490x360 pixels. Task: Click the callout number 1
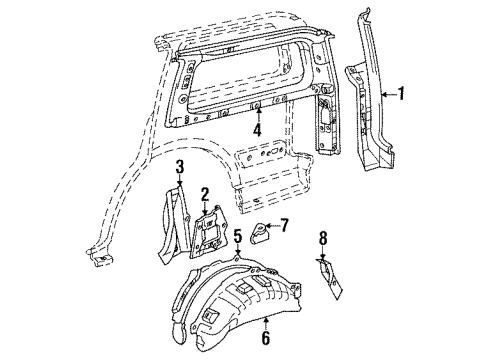pyautogui.click(x=401, y=94)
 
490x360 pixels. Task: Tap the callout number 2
pyautogui.click(x=204, y=195)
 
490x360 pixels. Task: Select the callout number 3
pyautogui.click(x=180, y=166)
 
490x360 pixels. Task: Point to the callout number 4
pyautogui.click(x=257, y=130)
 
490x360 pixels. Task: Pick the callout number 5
pyautogui.click(x=237, y=236)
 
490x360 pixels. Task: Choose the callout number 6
pyautogui.click(x=265, y=338)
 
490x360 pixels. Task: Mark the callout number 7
pyautogui.click(x=284, y=225)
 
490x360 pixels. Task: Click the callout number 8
pyautogui.click(x=323, y=239)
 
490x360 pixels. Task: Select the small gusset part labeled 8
pyautogui.click(x=329, y=278)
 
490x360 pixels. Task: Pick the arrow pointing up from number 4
pyautogui.click(x=257, y=115)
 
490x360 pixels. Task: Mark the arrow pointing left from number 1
pyautogui.click(x=389, y=95)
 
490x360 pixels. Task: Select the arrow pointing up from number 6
pyautogui.click(x=265, y=324)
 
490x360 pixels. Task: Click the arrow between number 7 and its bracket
pyautogui.click(x=272, y=226)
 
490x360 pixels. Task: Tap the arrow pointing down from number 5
pyautogui.click(x=237, y=249)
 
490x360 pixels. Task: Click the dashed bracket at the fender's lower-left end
pyautogui.click(x=99, y=257)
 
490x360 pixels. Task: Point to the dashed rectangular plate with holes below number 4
pyautogui.click(x=260, y=154)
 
